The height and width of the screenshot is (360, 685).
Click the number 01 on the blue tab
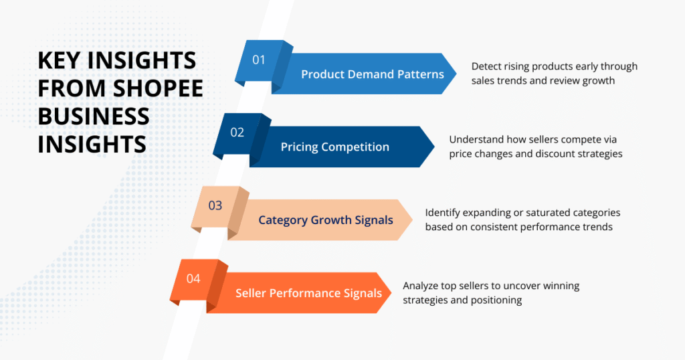(x=259, y=60)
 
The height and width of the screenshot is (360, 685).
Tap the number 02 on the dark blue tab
(x=237, y=132)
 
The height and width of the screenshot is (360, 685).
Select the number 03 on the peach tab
(x=215, y=205)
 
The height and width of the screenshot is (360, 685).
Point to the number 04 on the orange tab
(x=193, y=278)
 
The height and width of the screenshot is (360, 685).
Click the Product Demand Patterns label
(x=372, y=74)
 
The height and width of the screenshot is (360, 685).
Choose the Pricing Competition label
(x=334, y=147)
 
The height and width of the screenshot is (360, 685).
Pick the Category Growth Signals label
(x=325, y=219)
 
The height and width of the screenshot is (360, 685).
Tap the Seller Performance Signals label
(x=308, y=292)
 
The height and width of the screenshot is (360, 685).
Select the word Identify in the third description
(x=444, y=212)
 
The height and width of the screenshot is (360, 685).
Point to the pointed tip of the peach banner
(x=412, y=219)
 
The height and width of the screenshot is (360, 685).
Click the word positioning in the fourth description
(x=496, y=300)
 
